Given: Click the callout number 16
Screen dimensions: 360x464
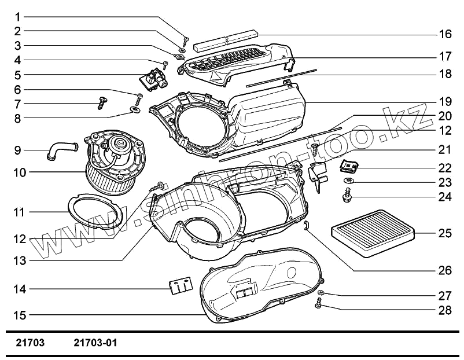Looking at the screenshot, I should pyautogui.click(x=445, y=34).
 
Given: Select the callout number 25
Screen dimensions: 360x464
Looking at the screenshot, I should pyautogui.click(x=445, y=234).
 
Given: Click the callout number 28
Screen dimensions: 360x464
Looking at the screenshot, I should pyautogui.click(x=445, y=310).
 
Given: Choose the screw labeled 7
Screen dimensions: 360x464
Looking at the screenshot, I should pyautogui.click(x=102, y=103).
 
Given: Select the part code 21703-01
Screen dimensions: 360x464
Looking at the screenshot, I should pyautogui.click(x=96, y=343).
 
